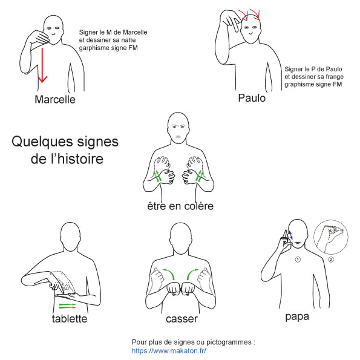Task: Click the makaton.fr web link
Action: click(169, 351)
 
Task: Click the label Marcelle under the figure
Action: click(55, 100)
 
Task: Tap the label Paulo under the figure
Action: click(252, 98)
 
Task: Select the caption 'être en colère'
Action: click(180, 206)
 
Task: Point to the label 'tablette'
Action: click(70, 319)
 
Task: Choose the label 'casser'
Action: click(182, 319)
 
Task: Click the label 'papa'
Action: click(297, 317)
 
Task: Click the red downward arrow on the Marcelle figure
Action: click(42, 65)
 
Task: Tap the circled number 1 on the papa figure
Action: click(298, 260)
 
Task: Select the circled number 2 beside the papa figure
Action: click(331, 260)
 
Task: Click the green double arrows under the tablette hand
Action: click(68, 306)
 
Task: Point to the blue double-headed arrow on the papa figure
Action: click(290, 235)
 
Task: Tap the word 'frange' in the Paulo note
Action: click(335, 77)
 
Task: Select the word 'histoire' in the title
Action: click(80, 159)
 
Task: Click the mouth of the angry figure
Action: click(178, 137)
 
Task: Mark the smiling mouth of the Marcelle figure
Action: click(53, 34)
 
